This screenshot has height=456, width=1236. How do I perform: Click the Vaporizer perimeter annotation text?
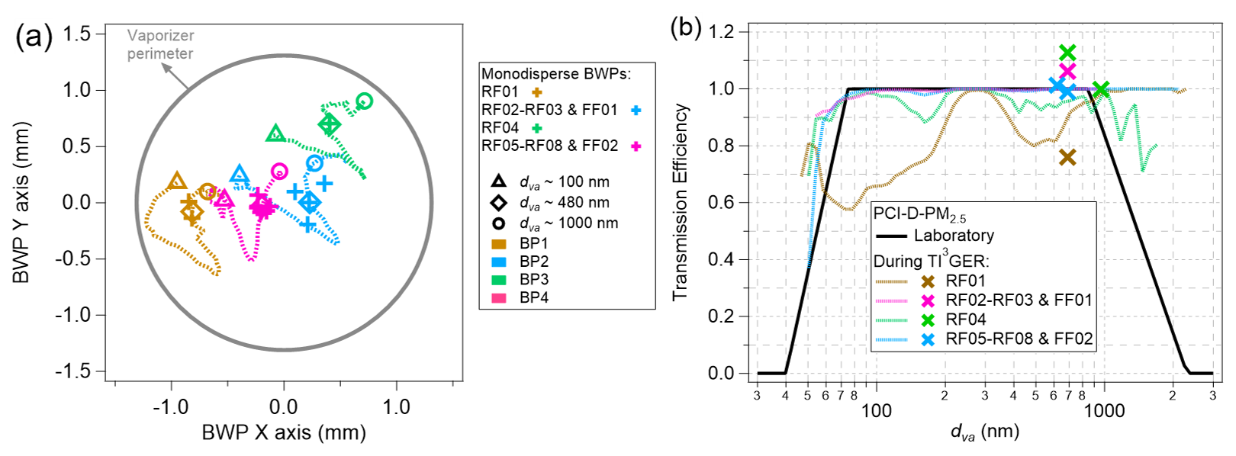(x=160, y=44)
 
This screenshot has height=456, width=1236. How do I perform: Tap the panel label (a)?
(x=34, y=35)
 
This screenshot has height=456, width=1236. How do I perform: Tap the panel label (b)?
(x=685, y=27)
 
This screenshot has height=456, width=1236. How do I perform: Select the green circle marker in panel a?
(x=365, y=101)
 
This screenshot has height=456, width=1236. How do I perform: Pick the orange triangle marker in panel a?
(x=177, y=181)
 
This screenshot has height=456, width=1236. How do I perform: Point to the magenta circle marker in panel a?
(x=279, y=172)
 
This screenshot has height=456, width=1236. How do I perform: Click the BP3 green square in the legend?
(x=499, y=280)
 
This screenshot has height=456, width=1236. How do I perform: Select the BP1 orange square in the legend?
(x=499, y=243)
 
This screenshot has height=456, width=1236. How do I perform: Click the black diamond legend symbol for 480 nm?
(x=499, y=203)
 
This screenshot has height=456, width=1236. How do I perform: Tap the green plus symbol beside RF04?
(x=537, y=128)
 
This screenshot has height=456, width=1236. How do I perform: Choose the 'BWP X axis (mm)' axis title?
(x=284, y=432)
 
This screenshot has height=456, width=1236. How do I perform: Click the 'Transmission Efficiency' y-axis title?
(x=680, y=202)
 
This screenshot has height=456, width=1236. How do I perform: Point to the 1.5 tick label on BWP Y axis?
(x=76, y=34)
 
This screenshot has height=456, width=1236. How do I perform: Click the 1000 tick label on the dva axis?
(x=1104, y=411)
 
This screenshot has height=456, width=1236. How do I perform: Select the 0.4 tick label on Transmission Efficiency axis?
(x=721, y=259)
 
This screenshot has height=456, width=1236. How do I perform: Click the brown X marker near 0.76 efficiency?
(x=1067, y=157)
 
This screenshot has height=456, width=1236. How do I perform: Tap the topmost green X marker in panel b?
(x=1067, y=53)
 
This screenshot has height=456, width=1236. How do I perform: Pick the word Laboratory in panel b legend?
(x=954, y=236)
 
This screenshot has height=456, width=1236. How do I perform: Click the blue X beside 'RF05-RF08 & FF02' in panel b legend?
(x=928, y=339)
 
